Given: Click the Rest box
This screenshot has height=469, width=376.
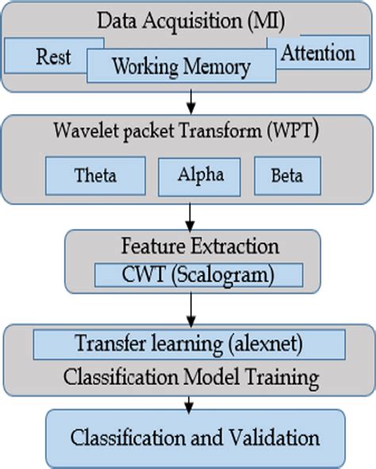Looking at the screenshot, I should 52,56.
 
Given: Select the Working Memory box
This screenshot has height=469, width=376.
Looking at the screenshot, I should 181,66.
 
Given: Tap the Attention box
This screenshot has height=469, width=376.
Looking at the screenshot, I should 317,53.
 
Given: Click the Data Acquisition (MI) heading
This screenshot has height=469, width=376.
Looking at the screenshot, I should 188,19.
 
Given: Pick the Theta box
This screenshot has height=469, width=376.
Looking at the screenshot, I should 95,175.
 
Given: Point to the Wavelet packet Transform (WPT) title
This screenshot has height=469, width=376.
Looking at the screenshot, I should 188,132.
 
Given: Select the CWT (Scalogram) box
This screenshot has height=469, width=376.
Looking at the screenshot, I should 198,275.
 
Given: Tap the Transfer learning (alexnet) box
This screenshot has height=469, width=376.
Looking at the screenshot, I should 188,344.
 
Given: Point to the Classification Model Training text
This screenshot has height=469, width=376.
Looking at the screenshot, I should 188,374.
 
